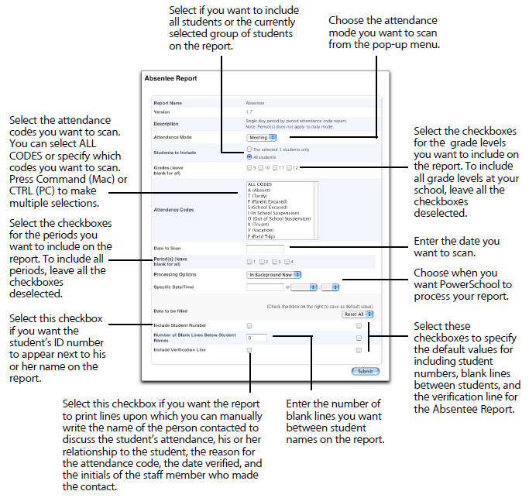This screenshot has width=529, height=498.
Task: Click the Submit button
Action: pyautogui.click(x=364, y=372)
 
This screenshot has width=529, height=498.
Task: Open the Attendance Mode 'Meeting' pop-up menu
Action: pyautogui.click(x=263, y=137)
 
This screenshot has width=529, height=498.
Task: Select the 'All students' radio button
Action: pyautogui.click(x=248, y=156)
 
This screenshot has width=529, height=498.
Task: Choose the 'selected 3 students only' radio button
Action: pyautogui.click(x=248, y=149)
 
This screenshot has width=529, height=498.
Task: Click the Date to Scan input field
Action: pyautogui.click(x=265, y=249)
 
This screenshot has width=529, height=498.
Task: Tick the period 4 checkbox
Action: pyautogui.click(x=285, y=262)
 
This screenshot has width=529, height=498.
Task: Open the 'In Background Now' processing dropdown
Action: pyautogui.click(x=274, y=274)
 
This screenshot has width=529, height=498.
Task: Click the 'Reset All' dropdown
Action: pyautogui.click(x=358, y=314)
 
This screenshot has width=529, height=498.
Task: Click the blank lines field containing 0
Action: pyautogui.click(x=257, y=338)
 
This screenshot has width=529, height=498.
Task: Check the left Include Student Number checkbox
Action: pyautogui.click(x=249, y=326)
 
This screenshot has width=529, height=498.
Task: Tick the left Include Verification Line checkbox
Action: pyautogui.click(x=249, y=351)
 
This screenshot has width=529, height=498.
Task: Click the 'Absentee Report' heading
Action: pyautogui.click(x=171, y=78)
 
